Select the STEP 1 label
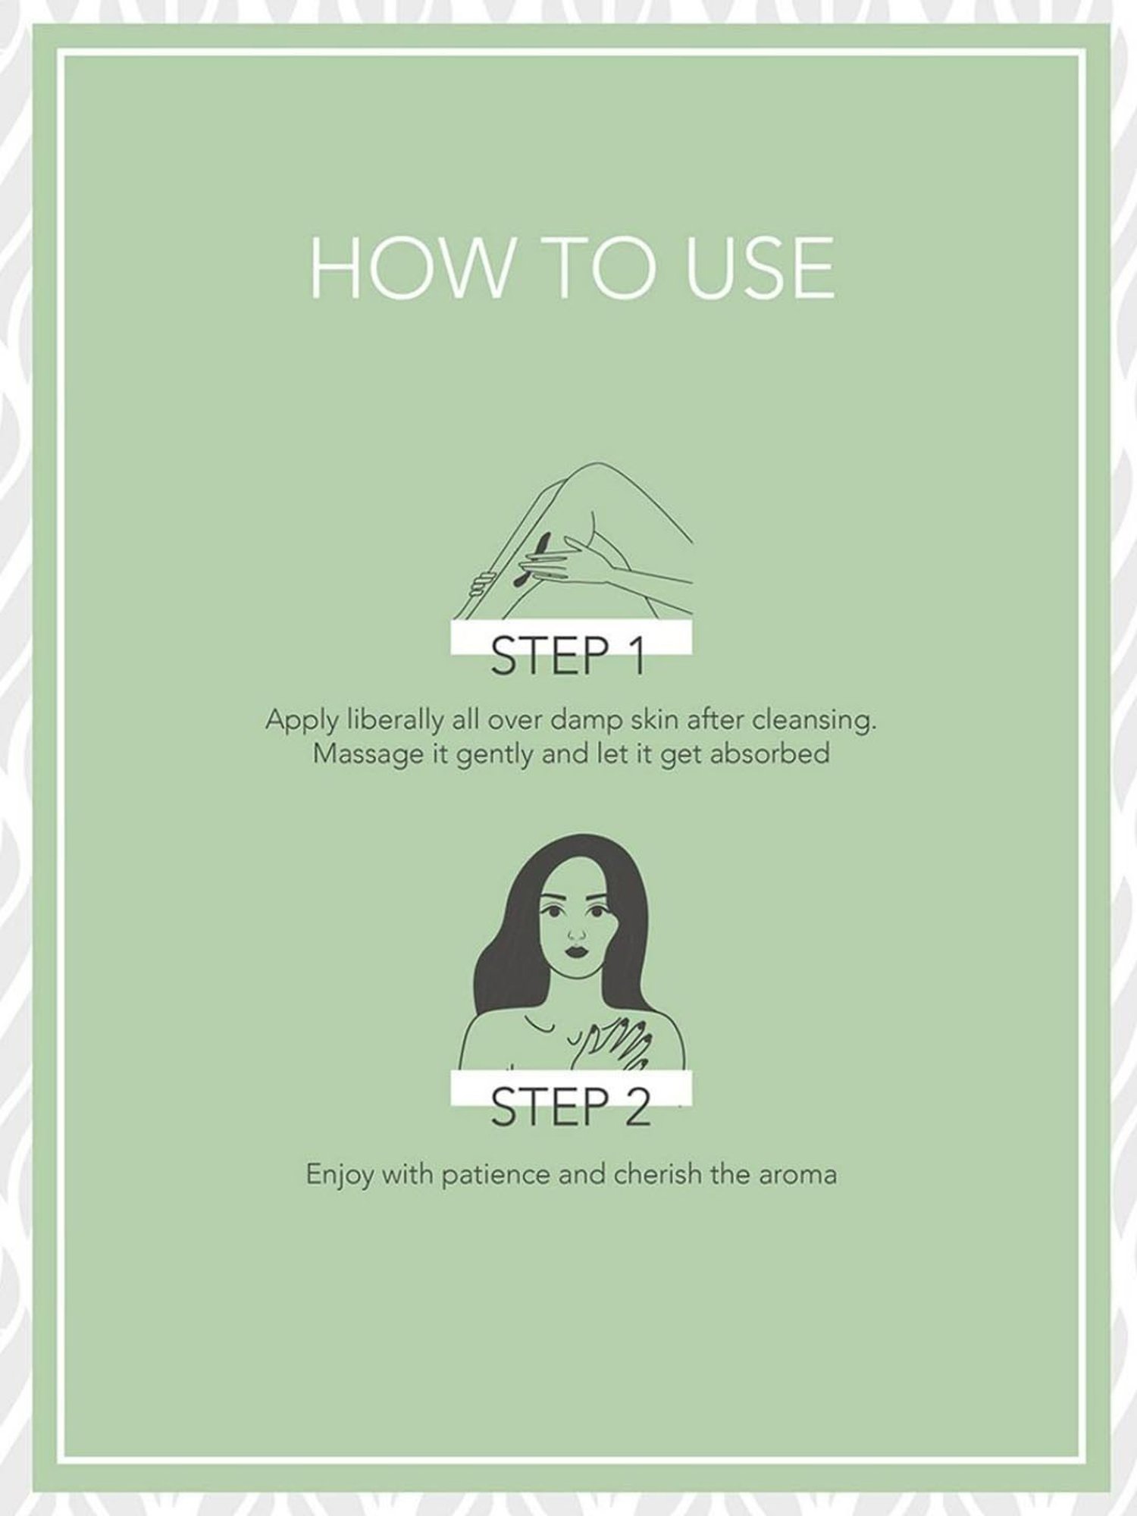(x=568, y=656)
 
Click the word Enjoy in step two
(x=340, y=1176)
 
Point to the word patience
(x=496, y=1176)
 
